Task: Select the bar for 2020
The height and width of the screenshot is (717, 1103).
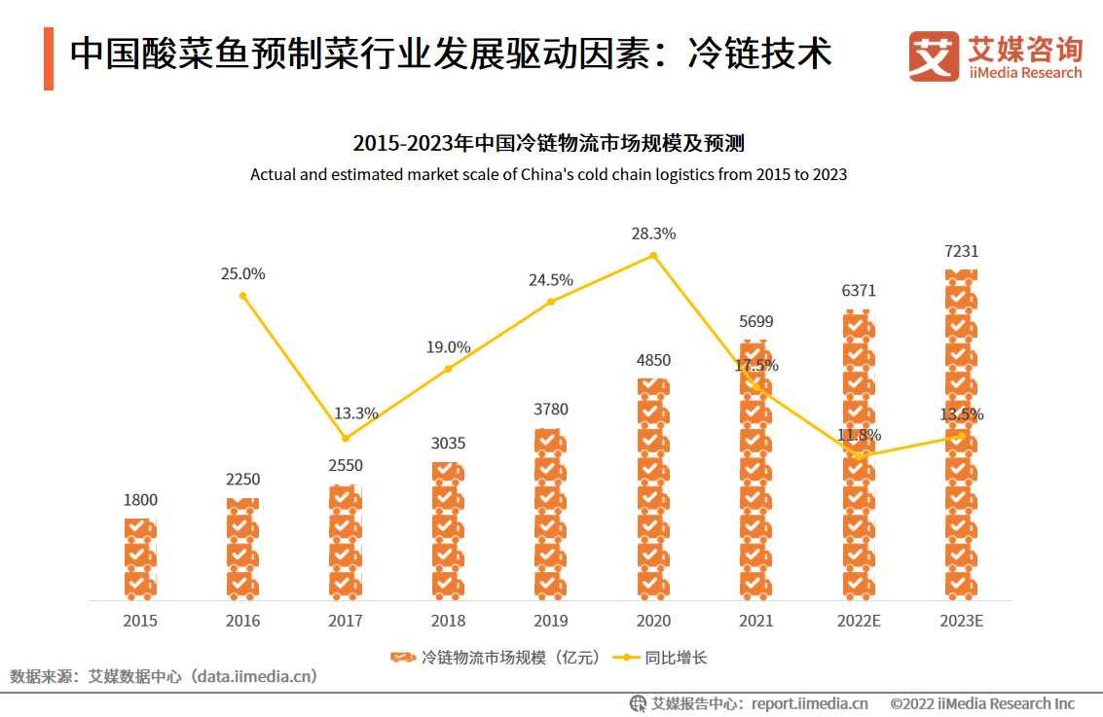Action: click(653, 486)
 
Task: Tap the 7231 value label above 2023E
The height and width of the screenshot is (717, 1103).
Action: click(961, 251)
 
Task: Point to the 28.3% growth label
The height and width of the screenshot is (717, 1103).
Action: click(653, 233)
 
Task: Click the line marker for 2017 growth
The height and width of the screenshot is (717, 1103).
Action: click(346, 438)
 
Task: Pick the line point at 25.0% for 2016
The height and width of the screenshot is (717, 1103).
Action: click(242, 296)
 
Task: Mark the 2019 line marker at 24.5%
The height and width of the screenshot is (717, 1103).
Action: click(551, 302)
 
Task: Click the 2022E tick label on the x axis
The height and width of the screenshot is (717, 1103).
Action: click(859, 621)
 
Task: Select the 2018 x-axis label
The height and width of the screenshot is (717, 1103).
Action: click(448, 621)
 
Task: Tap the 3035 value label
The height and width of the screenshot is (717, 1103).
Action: click(448, 443)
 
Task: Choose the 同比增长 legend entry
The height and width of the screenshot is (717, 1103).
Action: click(662, 658)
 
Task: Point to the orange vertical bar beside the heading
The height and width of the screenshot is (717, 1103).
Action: click(48, 58)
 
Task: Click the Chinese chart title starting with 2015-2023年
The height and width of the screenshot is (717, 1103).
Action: click(549, 144)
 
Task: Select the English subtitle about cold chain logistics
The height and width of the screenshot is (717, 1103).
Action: click(549, 175)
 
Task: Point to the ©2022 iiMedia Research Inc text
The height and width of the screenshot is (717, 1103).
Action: click(982, 703)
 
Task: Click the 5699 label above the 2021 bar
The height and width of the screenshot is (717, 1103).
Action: click(756, 321)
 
